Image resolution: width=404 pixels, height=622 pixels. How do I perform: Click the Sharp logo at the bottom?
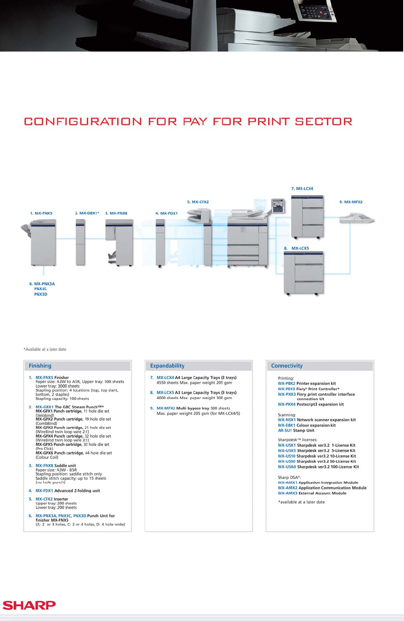coord(29,605)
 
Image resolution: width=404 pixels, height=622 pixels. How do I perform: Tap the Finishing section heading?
coord(40,366)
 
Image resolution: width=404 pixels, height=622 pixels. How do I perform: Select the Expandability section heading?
coord(167,366)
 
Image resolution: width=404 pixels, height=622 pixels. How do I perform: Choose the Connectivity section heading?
coord(287,366)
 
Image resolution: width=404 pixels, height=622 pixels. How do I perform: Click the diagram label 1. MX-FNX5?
coord(41,213)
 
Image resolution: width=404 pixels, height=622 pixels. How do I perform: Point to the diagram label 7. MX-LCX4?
coord(302,189)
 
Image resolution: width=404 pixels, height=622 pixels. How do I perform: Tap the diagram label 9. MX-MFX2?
coord(351,202)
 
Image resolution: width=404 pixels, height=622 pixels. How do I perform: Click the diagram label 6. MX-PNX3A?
coord(42,284)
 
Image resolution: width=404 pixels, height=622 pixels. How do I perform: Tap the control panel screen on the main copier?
coord(278,205)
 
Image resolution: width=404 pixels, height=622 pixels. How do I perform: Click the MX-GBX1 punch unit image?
coord(80,242)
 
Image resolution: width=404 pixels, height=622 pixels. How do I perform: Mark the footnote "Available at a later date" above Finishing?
coord(45,350)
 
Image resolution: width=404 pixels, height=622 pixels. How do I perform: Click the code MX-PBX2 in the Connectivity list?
coord(287,384)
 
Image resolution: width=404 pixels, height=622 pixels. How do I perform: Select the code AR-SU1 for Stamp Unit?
coord(285,431)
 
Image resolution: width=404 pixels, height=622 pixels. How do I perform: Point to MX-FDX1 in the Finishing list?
coord(44,491)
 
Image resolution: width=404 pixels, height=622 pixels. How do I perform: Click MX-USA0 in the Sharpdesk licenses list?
coord(287,467)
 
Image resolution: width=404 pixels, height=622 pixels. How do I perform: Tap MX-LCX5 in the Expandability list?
coord(165,393)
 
